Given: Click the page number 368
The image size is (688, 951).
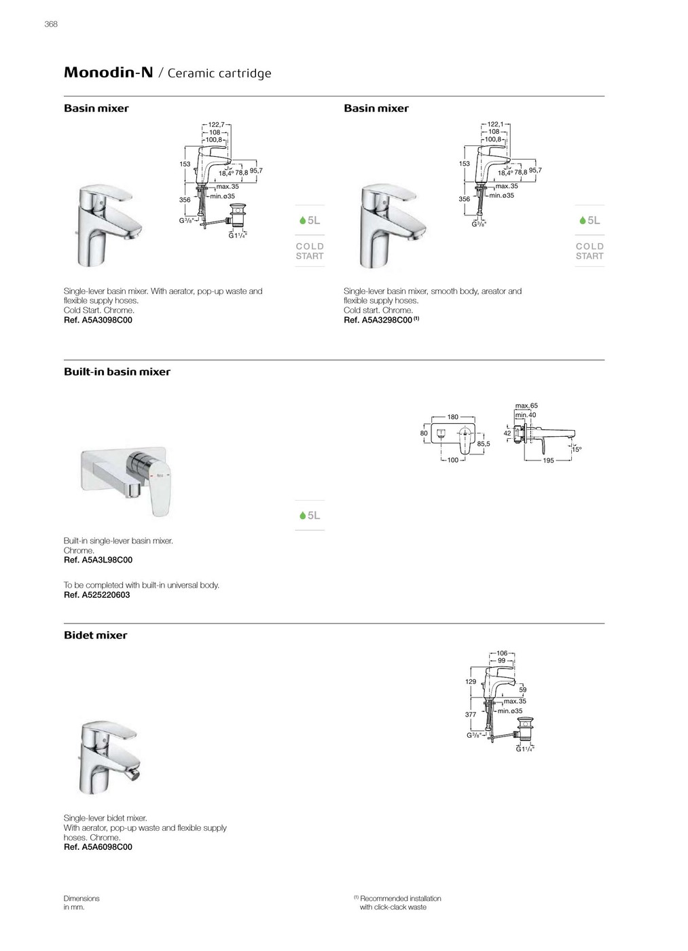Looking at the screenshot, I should pos(51,24).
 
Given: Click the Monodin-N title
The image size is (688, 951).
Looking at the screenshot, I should pos(108,73).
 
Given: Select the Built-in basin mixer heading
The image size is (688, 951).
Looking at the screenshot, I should pos(117,372).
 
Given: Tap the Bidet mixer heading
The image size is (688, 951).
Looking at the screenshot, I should pos(95,635).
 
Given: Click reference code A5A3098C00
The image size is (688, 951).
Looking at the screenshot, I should pos(98,320).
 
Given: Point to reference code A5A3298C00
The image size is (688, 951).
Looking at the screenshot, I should pos(378,320).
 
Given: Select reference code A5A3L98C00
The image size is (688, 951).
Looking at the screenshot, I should pos(98,560).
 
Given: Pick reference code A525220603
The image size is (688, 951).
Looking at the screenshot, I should pos(96,595).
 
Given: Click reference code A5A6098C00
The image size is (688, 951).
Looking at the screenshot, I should pos(98,847).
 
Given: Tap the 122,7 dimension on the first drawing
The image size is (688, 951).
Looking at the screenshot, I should pos(217,125).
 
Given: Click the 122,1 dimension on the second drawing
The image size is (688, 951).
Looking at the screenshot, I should pos(496,125).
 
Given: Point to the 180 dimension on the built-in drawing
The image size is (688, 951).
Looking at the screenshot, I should pos(452,417).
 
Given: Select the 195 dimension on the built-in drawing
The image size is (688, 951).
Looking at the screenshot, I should pos(549,461).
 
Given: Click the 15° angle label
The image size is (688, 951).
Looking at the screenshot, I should pos(577,449).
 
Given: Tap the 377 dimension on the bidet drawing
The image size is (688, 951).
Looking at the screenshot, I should pos(471,715).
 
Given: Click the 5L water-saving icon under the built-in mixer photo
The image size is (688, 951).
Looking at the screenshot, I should pos(310,516).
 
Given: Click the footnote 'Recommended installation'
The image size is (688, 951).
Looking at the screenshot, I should pos(400,898).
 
